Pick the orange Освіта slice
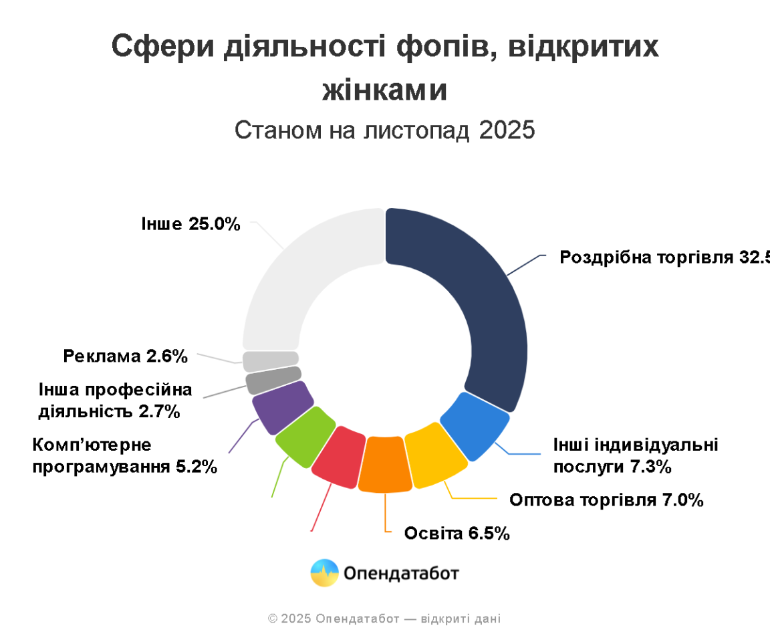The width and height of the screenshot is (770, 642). coord(384,465)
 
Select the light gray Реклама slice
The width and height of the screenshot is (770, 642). coord(270,361)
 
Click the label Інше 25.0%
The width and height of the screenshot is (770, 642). coord(190,224)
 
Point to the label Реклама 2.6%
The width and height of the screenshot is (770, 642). coord(125,356)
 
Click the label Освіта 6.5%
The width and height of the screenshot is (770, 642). coord(457,534)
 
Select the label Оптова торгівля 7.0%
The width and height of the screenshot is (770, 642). coord(606,500)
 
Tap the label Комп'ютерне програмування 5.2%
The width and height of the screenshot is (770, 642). coord(124,456)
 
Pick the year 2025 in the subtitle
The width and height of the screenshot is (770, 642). coord(507,130)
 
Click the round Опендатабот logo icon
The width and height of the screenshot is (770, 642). coord(325,573)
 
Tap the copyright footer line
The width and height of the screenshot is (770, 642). coord(384,619)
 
